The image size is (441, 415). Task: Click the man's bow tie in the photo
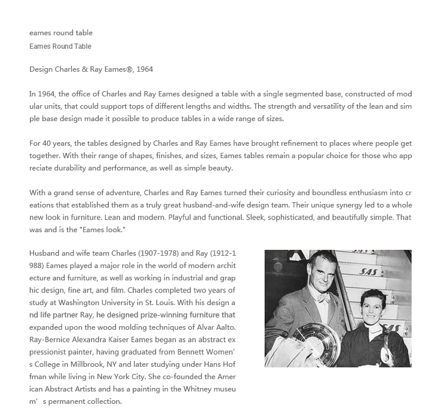click(x=323, y=298)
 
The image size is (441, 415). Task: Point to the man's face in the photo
click(x=322, y=275)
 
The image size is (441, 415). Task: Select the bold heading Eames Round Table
click(x=61, y=46)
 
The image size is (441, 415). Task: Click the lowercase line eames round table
click(x=61, y=33)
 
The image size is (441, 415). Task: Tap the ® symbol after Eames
click(x=129, y=69)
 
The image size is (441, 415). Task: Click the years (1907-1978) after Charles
click(x=159, y=253)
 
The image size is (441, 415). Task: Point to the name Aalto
click(x=223, y=327)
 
